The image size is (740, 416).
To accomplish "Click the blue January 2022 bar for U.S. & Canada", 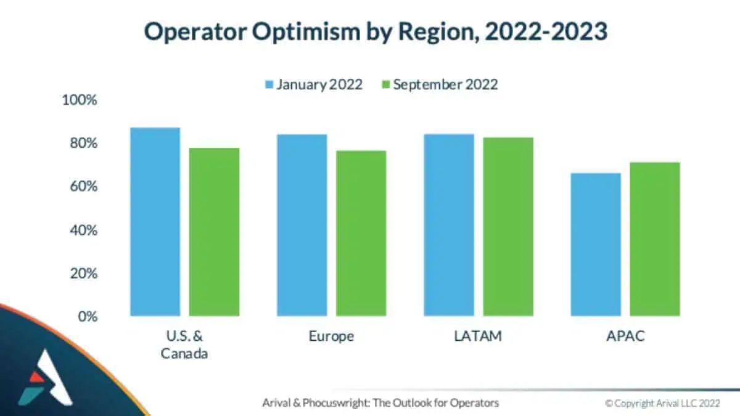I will tap(155, 222).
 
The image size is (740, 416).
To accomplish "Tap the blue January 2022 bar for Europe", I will tap(302, 225).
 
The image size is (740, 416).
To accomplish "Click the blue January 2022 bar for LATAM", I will tap(449, 225).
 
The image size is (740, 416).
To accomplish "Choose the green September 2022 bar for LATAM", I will tap(508, 226).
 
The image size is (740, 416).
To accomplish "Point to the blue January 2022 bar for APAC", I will tap(596, 245).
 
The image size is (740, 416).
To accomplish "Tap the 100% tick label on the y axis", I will tap(80, 100).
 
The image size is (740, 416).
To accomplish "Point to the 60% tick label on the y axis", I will tap(83, 187).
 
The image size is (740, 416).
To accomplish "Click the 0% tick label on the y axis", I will tap(87, 317).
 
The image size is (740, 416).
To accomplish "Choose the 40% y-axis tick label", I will tap(83, 230).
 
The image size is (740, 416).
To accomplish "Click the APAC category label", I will tap(625, 336).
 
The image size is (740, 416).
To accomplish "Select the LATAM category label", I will tap(479, 336).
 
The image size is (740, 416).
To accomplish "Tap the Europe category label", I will tap(331, 337).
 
